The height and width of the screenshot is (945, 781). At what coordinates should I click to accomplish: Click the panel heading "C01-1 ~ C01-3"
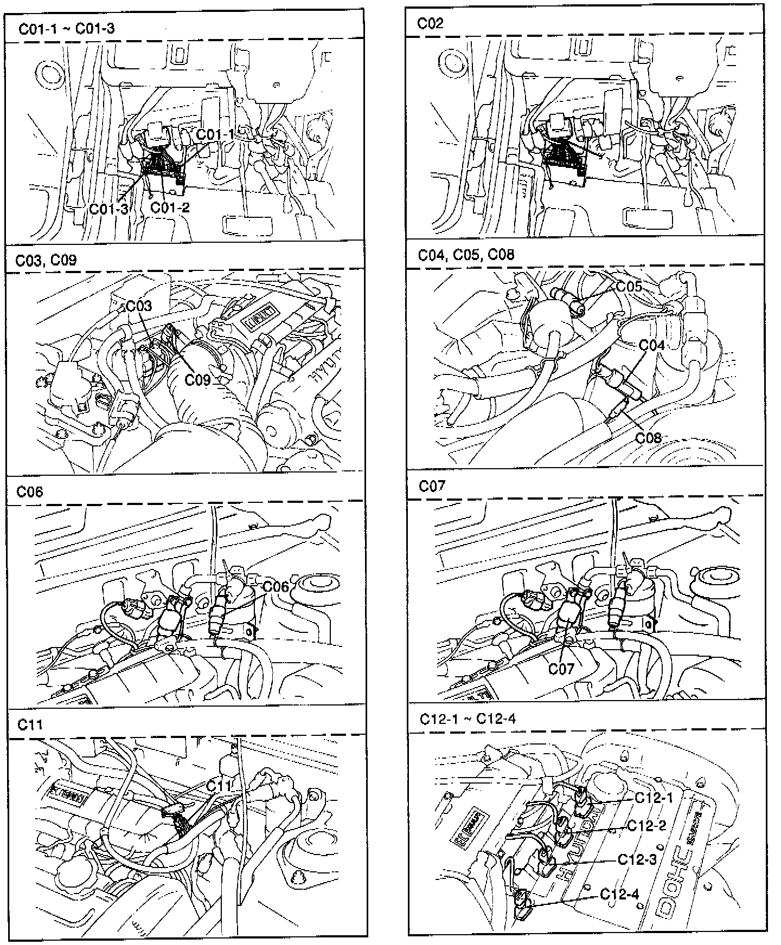[x=67, y=29]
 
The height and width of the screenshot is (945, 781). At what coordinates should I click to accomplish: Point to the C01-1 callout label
[x=215, y=134]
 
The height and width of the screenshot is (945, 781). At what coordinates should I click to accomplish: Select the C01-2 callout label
[x=170, y=207]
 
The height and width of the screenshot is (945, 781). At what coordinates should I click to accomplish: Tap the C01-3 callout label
[x=109, y=209]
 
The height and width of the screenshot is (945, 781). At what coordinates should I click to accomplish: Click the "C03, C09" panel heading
[x=46, y=260]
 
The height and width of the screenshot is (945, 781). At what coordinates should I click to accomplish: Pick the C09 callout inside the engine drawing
[x=197, y=379]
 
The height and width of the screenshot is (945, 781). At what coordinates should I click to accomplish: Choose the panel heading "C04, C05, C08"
[x=466, y=255]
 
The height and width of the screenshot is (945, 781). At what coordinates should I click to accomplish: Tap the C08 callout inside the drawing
[x=649, y=437]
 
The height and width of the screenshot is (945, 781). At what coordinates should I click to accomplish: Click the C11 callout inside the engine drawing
[x=219, y=785]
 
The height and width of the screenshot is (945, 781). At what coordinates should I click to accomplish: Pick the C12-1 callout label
[x=654, y=798]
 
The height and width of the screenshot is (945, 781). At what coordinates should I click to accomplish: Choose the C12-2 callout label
[x=646, y=825]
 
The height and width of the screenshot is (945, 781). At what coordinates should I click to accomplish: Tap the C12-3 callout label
[x=637, y=860]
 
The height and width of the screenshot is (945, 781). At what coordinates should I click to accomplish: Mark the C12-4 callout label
[x=620, y=894]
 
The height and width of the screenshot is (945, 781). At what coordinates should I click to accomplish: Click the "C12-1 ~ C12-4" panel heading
[x=468, y=719]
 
